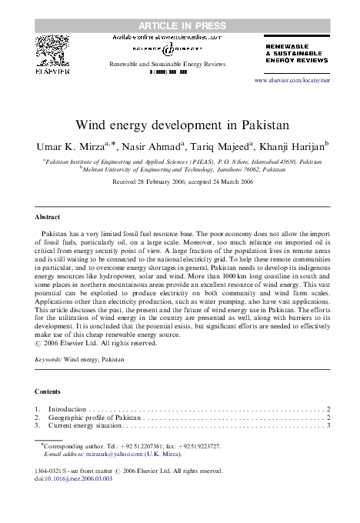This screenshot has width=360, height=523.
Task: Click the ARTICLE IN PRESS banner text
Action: click(x=179, y=6)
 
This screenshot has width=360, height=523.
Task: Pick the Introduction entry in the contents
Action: click(x=67, y=408)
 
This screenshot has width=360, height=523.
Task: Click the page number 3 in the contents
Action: click(x=328, y=425)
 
